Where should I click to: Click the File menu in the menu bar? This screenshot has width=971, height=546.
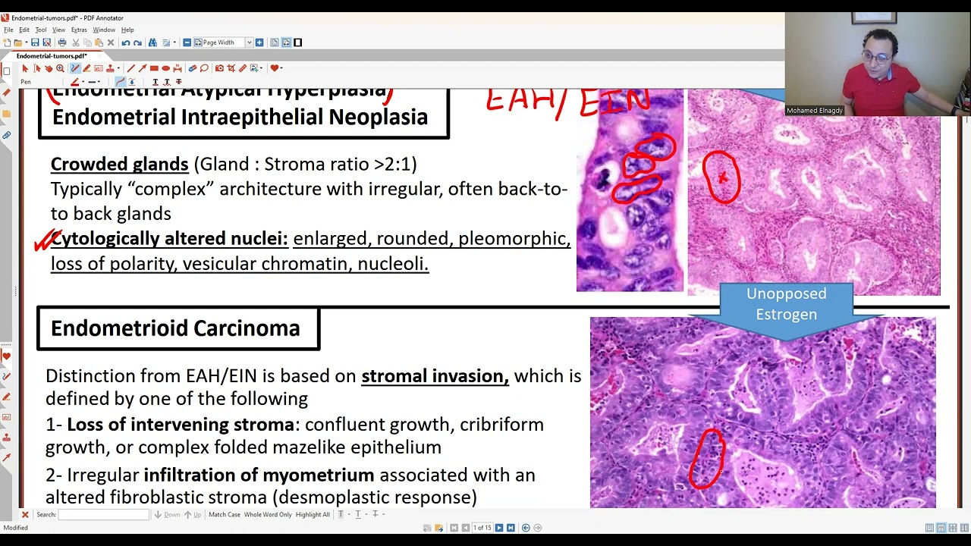pyautogui.click(x=8, y=30)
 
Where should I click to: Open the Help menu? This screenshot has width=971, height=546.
pyautogui.click(x=127, y=30)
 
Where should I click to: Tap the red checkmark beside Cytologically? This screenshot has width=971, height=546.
pyautogui.click(x=46, y=241)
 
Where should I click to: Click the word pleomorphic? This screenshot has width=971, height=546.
pyautogui.click(x=512, y=239)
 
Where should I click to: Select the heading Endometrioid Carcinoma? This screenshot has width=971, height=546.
pyautogui.click(x=175, y=328)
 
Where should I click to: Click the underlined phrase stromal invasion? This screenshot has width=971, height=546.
pyautogui.click(x=434, y=376)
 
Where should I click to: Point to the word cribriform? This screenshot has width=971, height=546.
pyautogui.click(x=501, y=425)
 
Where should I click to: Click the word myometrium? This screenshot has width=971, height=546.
pyautogui.click(x=317, y=475)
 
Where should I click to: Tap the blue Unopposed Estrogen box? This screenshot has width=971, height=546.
pyautogui.click(x=786, y=304)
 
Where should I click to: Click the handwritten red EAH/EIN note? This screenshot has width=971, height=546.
pyautogui.click(x=567, y=102)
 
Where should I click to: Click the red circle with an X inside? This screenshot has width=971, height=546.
pyautogui.click(x=721, y=177)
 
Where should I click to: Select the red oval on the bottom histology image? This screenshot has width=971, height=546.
pyautogui.click(x=707, y=459)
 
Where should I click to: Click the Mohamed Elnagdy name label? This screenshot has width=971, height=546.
pyautogui.click(x=814, y=111)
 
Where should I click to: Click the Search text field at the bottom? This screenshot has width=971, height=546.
pyautogui.click(x=104, y=515)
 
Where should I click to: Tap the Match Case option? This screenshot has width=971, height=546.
pyautogui.click(x=224, y=515)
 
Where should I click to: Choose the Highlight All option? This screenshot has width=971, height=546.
pyautogui.click(x=313, y=515)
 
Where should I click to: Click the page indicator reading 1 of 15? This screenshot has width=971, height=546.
pyautogui.click(x=482, y=528)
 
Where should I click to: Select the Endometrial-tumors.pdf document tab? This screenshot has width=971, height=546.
pyautogui.click(x=52, y=56)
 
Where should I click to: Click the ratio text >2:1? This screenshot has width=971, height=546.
pyautogui.click(x=394, y=165)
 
